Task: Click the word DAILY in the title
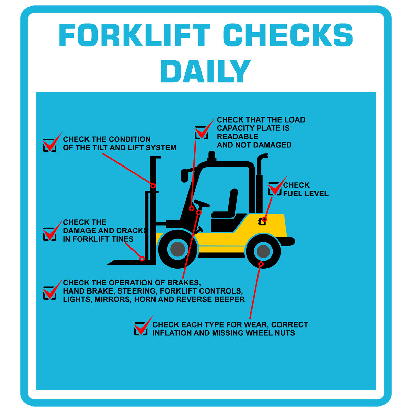(x=205, y=71)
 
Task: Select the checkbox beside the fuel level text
(x=275, y=189)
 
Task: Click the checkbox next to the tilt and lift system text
(x=49, y=145)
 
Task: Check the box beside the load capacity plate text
(x=201, y=133)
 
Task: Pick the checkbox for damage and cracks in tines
(x=49, y=234)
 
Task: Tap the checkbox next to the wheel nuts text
(x=140, y=329)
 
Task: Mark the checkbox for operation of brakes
(x=49, y=293)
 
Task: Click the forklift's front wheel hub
(x=178, y=249)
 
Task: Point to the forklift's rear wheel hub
(x=263, y=251)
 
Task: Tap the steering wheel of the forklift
(x=202, y=203)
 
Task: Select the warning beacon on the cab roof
(x=212, y=156)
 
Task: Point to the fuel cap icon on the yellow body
(x=262, y=221)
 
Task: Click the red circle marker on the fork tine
(x=142, y=259)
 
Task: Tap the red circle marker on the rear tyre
(x=261, y=264)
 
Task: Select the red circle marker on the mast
(x=153, y=186)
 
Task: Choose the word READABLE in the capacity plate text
(x=238, y=136)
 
